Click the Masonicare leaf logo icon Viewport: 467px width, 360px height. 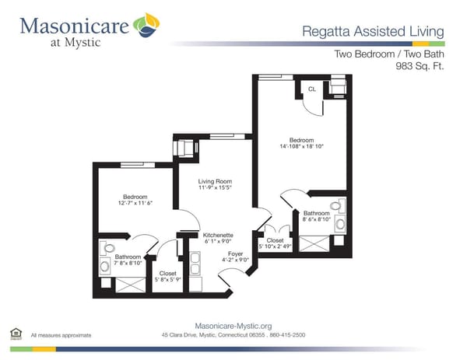(146, 26)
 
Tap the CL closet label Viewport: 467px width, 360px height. (312, 90)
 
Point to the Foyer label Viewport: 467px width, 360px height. (236, 253)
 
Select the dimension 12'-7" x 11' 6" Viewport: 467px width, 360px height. (126, 204)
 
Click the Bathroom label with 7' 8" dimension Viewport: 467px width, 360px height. (128, 257)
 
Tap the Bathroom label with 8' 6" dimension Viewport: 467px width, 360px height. (317, 213)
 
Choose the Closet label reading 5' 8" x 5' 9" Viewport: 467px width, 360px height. (168, 274)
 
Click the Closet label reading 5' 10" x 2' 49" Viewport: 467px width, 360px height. (275, 241)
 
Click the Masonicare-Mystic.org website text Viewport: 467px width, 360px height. (233, 327)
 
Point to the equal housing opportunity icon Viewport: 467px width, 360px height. (15, 334)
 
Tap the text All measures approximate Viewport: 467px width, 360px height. (61, 335)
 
